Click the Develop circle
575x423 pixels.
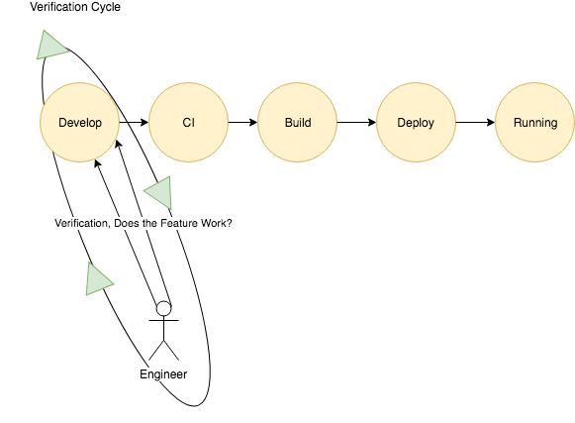coord(79,122)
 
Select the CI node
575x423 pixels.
coord(188,122)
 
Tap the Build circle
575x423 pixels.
coord(298,122)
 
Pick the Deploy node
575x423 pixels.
coord(417,122)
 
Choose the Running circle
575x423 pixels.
coord(535,122)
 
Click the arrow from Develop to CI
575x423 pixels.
coord(134,122)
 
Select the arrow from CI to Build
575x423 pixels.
coord(242,122)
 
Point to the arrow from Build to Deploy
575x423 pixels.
coord(357,122)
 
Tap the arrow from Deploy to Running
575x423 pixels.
coord(476,122)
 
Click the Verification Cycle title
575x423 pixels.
coord(75,7)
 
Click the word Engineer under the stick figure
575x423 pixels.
coord(163,374)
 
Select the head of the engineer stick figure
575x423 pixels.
coord(163,308)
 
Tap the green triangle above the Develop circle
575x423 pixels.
coord(51,46)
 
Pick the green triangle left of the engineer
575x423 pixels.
coord(97,279)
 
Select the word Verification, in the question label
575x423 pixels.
coord(82,223)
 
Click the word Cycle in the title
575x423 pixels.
coord(106,7)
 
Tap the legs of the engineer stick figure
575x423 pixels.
coord(163,351)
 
